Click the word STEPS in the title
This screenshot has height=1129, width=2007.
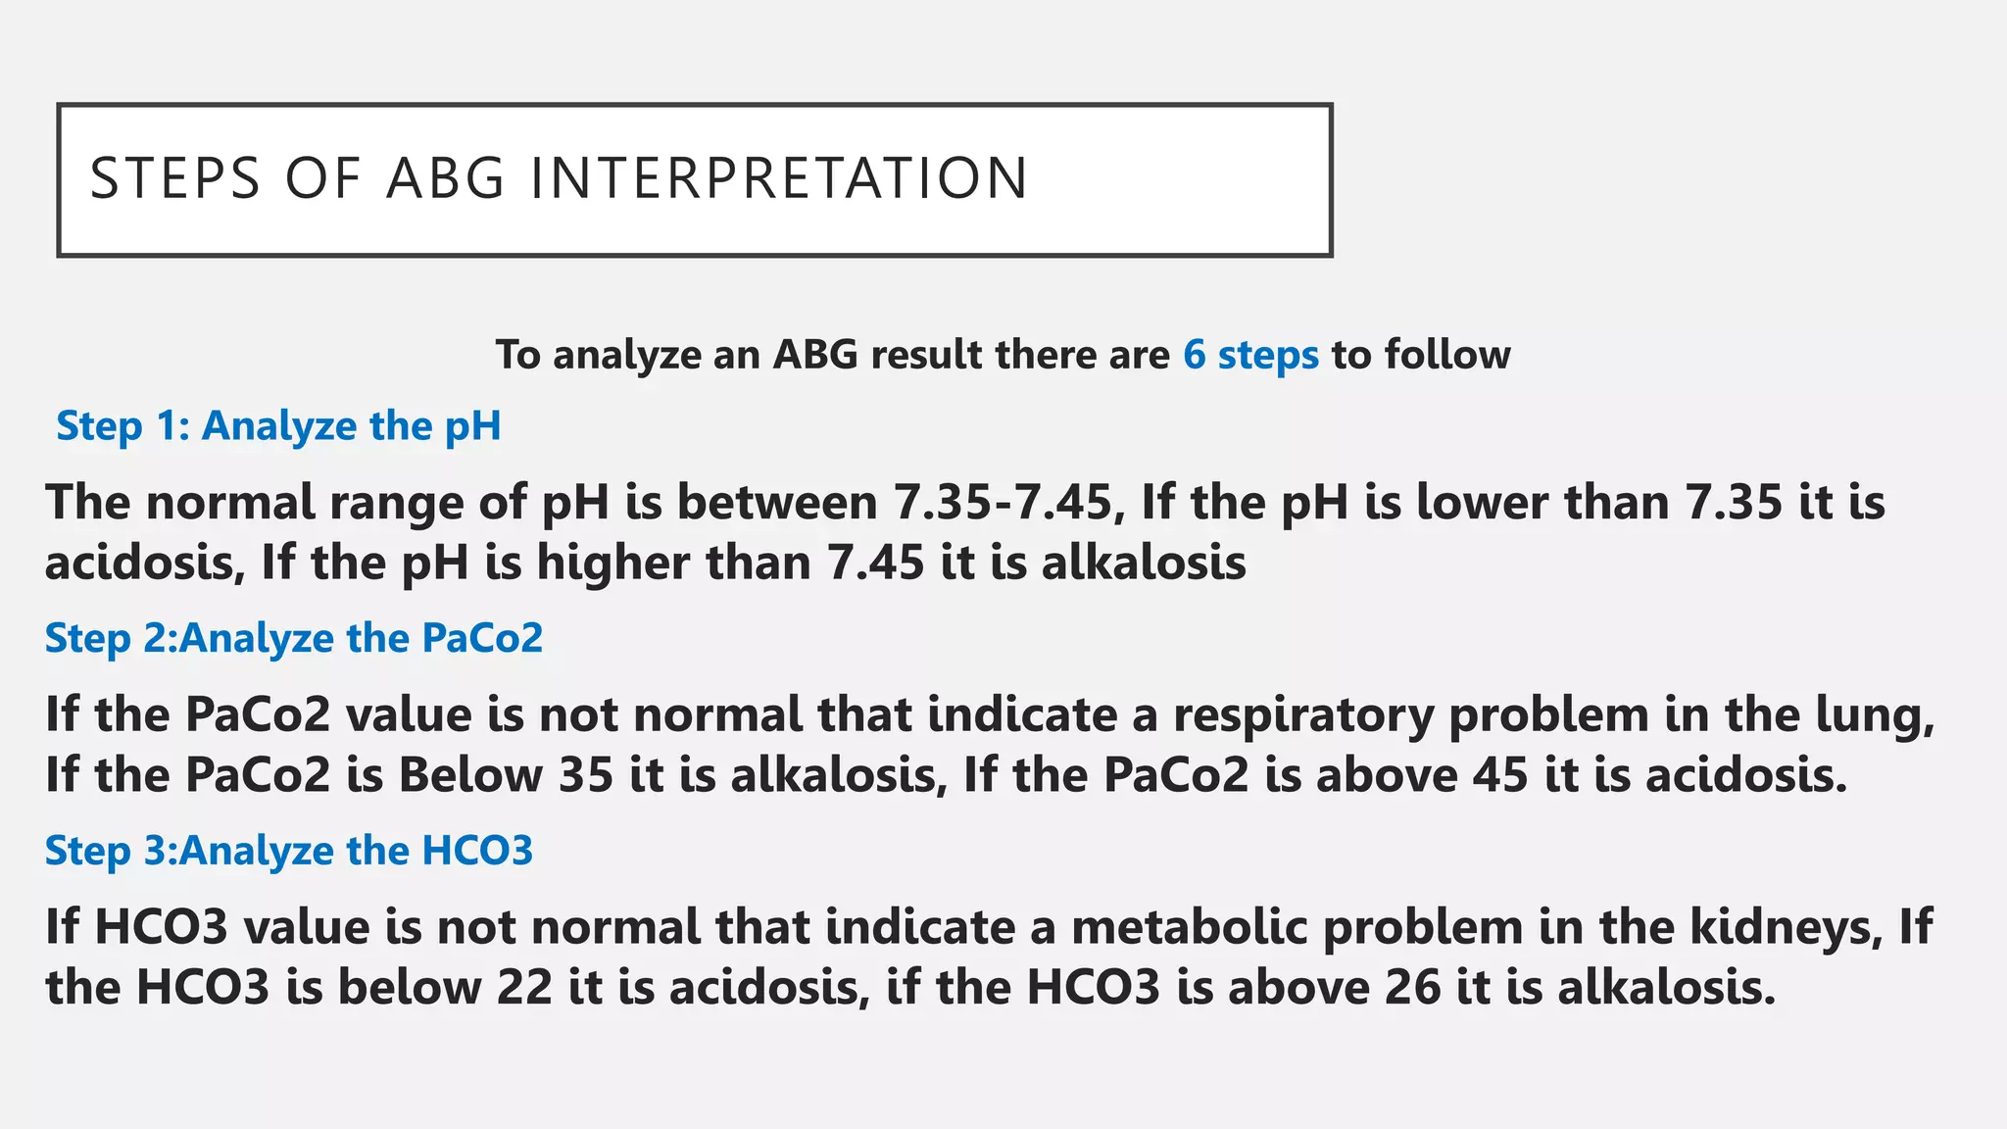click(175, 178)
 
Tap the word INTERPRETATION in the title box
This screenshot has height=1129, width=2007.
click(779, 178)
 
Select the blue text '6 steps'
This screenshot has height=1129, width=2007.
click(1250, 355)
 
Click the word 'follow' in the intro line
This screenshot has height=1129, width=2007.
click(1447, 355)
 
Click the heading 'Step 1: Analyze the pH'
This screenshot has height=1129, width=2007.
click(278, 426)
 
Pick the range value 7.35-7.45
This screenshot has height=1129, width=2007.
click(1003, 502)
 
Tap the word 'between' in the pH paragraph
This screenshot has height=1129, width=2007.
click(777, 502)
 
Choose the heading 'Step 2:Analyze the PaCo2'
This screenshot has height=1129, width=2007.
click(294, 638)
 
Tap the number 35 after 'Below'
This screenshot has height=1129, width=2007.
click(586, 775)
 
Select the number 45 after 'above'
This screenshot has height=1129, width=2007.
click(1500, 775)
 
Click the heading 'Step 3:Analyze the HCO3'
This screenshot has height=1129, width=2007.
click(289, 851)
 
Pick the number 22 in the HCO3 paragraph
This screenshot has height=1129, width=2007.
click(524, 988)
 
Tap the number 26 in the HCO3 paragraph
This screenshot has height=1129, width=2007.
click(1412, 988)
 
